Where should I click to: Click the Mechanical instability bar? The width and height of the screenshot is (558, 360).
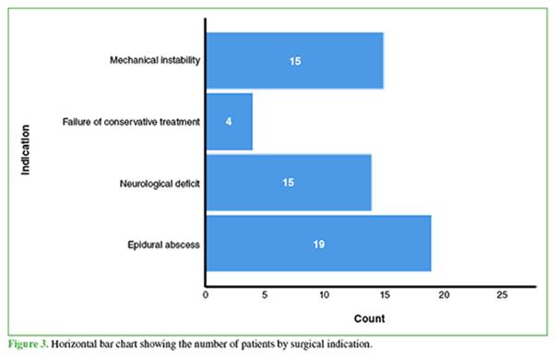click(295, 61)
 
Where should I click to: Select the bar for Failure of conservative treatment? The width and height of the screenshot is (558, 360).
click(230, 122)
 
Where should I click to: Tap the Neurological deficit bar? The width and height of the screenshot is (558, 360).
click(289, 183)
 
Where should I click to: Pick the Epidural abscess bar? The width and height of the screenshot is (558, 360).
click(319, 244)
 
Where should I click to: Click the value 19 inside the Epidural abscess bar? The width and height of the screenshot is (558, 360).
click(319, 245)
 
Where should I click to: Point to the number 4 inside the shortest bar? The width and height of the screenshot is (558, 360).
click(229, 122)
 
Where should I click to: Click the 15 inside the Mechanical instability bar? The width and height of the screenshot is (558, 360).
click(295, 61)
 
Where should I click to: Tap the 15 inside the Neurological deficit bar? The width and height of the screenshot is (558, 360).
click(289, 183)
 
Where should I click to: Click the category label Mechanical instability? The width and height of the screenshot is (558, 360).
click(155, 60)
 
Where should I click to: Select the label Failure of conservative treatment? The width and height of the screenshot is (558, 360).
click(131, 122)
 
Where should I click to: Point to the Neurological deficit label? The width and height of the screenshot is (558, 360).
click(160, 184)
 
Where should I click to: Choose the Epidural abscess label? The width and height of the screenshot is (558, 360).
click(163, 245)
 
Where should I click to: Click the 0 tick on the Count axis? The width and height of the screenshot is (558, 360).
click(206, 294)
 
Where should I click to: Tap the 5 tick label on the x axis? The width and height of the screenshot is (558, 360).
click(265, 294)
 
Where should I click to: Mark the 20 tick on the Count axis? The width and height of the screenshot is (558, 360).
click(444, 294)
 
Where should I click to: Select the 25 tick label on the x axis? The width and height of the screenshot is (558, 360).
click(502, 294)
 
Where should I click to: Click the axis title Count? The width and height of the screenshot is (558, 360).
click(370, 318)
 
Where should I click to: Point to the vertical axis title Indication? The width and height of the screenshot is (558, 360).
click(25, 150)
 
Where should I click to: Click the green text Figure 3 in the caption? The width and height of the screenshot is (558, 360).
click(28, 344)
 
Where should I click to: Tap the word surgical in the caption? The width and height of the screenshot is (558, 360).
click(307, 344)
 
